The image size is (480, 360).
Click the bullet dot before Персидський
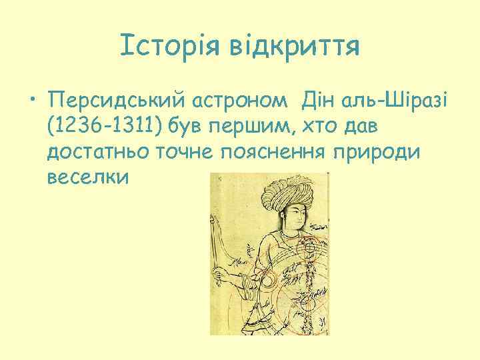[33, 102]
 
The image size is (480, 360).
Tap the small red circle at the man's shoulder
[309, 248]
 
